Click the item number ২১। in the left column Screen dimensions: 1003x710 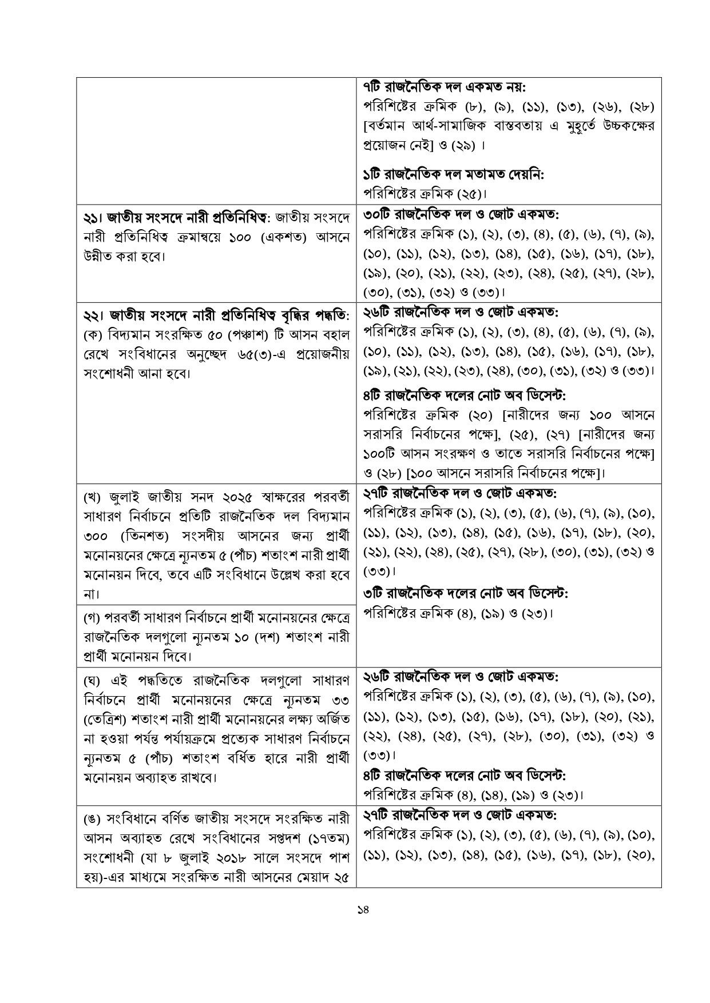93,218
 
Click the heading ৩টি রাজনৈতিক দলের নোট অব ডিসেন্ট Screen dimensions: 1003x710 465,594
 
